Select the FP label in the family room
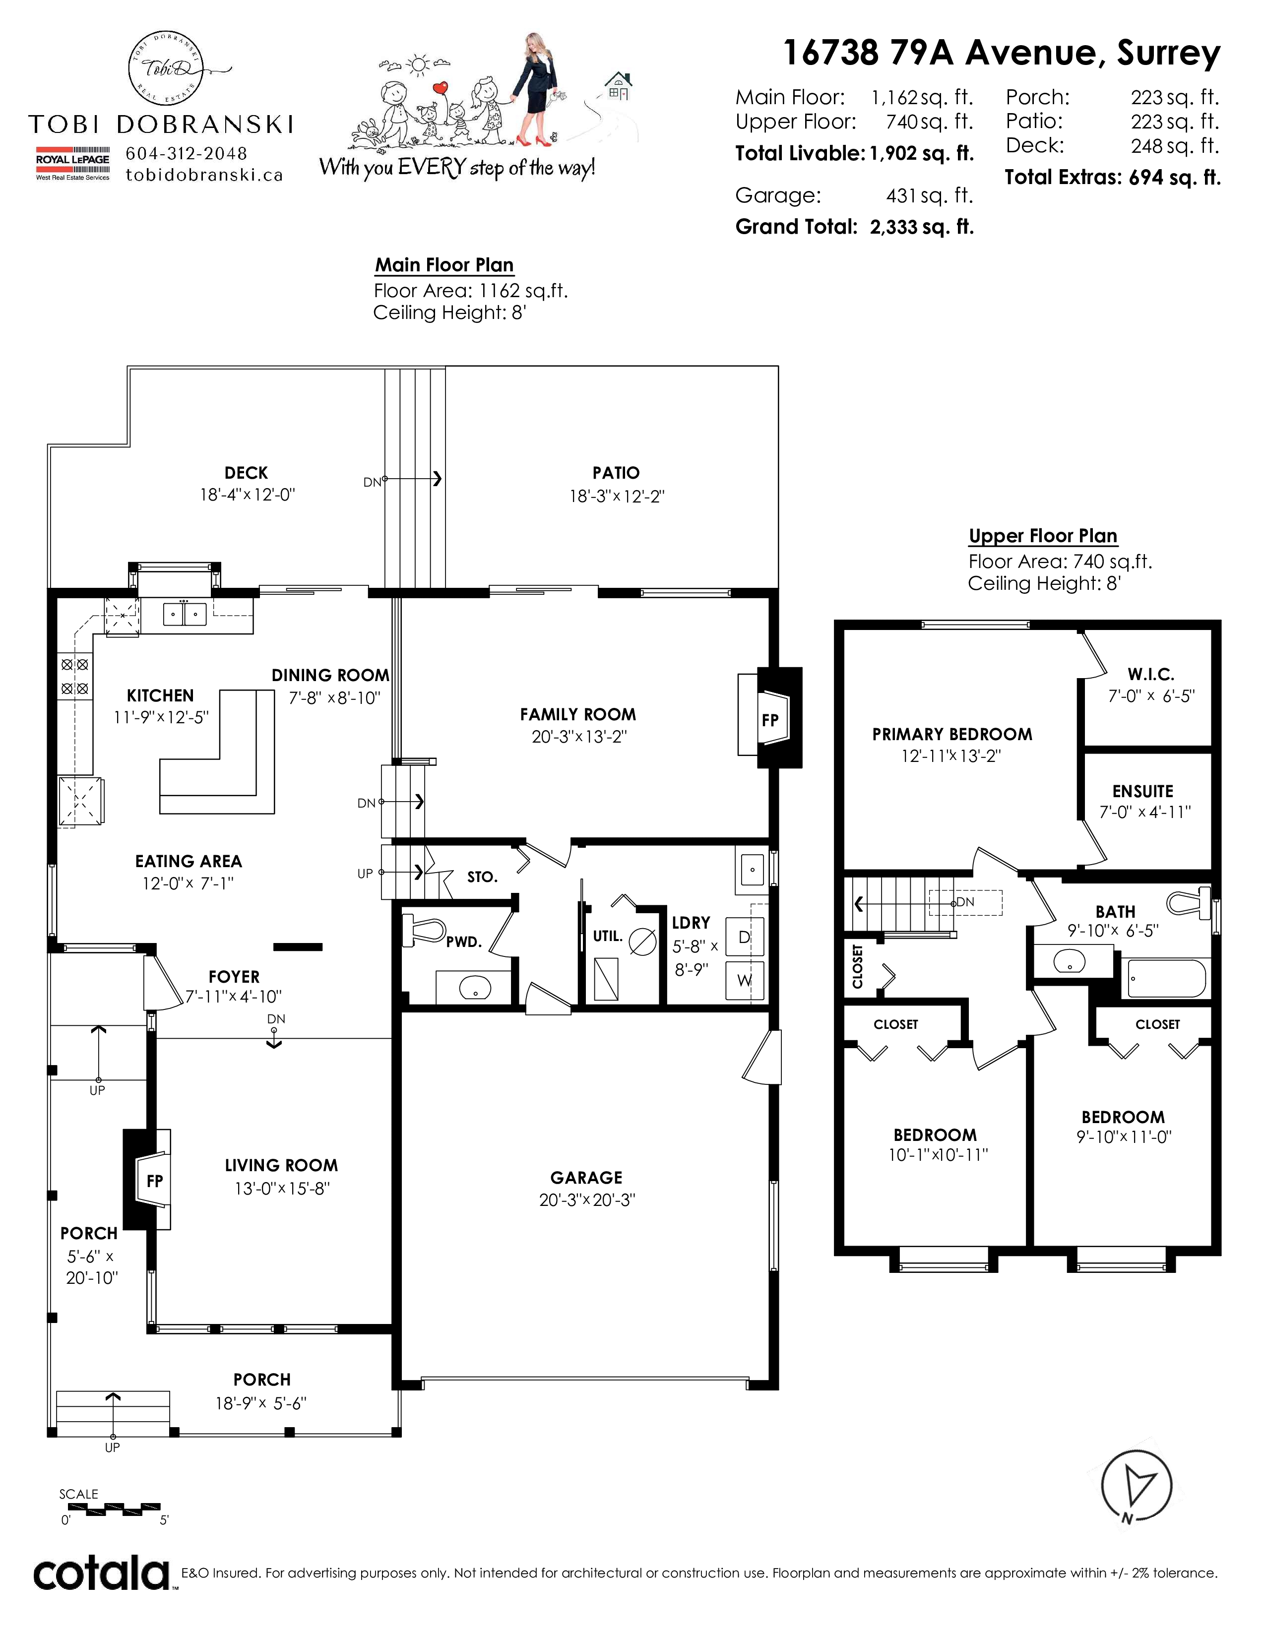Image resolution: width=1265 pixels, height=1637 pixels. [x=769, y=720]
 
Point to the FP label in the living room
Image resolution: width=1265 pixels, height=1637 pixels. [x=154, y=1181]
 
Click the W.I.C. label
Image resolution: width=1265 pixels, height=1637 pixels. [x=1150, y=674]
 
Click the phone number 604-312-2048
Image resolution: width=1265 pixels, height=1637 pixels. [x=186, y=154]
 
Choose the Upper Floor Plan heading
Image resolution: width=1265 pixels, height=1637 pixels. [x=1043, y=536]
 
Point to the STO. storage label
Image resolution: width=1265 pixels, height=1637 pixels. [x=482, y=877]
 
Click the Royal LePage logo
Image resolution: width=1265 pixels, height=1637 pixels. [x=73, y=163]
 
